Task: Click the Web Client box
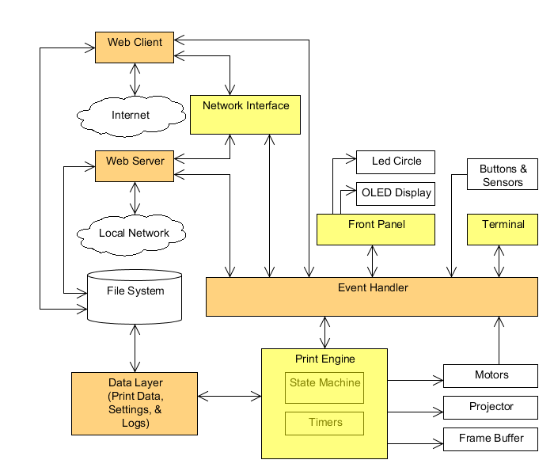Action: [135, 47]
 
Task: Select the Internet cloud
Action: [131, 116]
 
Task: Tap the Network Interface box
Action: [245, 114]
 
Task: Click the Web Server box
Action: [135, 165]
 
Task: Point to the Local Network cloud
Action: [134, 233]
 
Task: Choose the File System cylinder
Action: [135, 296]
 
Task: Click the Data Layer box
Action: [135, 403]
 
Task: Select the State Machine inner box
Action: [324, 387]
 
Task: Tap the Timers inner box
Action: [324, 423]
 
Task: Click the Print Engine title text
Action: [324, 359]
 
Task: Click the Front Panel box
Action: [376, 229]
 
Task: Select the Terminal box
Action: [503, 229]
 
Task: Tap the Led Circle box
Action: [396, 161]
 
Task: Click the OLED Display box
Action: [396, 193]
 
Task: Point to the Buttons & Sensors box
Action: [503, 175]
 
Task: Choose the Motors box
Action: [491, 375]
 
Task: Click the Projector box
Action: [491, 407]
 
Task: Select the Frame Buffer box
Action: [491, 439]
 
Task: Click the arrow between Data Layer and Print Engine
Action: [230, 395]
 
